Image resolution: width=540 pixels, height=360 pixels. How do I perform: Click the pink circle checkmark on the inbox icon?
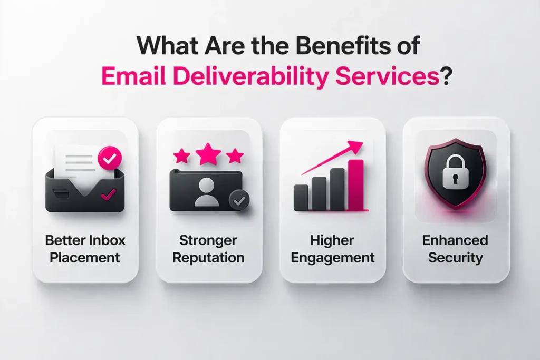click(x=110, y=158)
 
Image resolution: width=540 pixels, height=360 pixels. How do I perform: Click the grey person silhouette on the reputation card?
click(x=206, y=192)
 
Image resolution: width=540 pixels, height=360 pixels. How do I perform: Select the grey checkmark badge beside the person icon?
click(x=239, y=200)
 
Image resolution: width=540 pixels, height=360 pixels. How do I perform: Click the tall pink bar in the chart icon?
click(x=356, y=184)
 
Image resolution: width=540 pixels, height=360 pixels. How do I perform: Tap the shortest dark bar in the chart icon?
click(x=301, y=198)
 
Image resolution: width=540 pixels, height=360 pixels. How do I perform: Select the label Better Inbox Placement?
click(x=85, y=249)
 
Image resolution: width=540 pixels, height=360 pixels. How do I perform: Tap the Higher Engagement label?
click(x=333, y=249)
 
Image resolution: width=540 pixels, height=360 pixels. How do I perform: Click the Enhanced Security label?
click(x=456, y=249)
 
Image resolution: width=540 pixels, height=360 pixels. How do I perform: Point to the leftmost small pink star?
click(x=181, y=155)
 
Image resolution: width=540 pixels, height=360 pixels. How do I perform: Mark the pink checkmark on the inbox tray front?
click(x=109, y=196)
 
